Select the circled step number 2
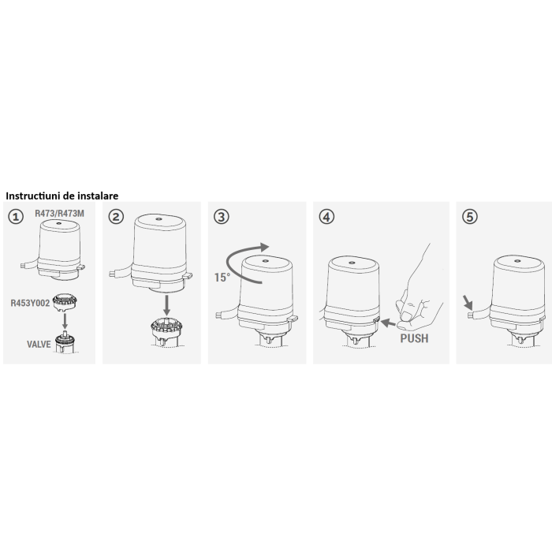click(x=117, y=217)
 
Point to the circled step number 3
click(x=222, y=217)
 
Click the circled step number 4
click(x=327, y=217)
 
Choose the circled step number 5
click(x=471, y=217)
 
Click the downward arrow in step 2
click(x=166, y=303)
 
